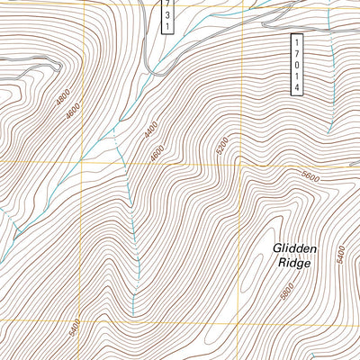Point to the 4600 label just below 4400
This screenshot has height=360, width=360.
(157, 154)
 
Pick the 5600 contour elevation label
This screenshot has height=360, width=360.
(310, 178)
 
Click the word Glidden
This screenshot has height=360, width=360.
(292, 247)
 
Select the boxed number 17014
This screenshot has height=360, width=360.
(296, 63)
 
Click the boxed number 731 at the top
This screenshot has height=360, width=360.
(166, 15)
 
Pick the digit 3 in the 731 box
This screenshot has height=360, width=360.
(166, 15)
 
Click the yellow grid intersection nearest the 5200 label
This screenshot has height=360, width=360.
(241, 166)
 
